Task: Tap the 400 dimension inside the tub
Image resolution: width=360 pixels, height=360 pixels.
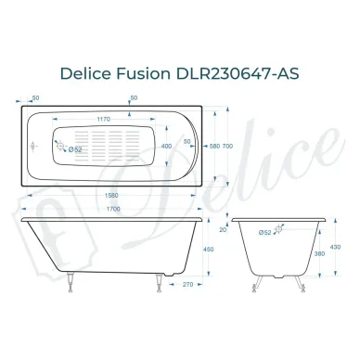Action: pos(166,146)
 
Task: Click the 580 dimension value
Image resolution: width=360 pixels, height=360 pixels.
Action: pos(215,146)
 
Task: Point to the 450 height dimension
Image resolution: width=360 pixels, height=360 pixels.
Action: pos(210,248)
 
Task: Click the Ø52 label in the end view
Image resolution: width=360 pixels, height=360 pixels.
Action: pos(264,233)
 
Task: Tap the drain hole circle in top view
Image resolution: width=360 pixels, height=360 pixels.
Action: pos(63,147)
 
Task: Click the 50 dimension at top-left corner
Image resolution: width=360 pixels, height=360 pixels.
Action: pos(34,96)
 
